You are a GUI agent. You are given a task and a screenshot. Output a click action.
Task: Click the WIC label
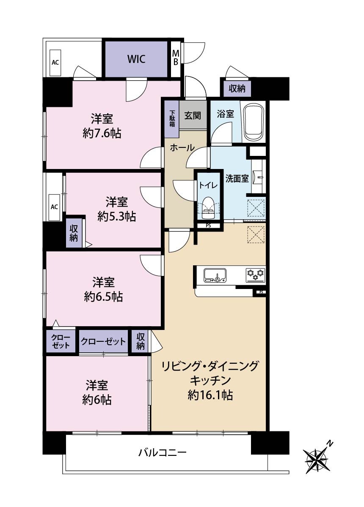point(136,59)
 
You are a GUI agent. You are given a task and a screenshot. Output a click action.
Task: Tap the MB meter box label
point(176,57)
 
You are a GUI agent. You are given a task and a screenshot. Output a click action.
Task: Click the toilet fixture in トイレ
point(208,207)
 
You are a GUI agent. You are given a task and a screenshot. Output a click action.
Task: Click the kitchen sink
point(215,275)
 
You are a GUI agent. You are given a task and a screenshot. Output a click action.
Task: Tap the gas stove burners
point(256,275)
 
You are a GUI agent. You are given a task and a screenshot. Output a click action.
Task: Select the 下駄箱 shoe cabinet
point(172,119)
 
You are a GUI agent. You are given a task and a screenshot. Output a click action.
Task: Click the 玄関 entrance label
point(193,116)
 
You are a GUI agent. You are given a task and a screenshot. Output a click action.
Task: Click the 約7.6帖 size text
point(102,134)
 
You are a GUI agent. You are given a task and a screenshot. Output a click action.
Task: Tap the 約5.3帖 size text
point(117,217)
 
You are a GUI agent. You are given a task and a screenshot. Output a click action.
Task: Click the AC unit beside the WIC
point(55,63)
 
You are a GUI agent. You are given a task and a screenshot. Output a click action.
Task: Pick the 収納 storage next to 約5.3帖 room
point(74,233)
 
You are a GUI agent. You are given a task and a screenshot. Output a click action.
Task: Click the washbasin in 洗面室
point(258,177)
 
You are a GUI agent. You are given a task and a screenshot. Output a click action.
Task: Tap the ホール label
point(182,148)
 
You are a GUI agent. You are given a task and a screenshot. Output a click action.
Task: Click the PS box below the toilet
point(208,226)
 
